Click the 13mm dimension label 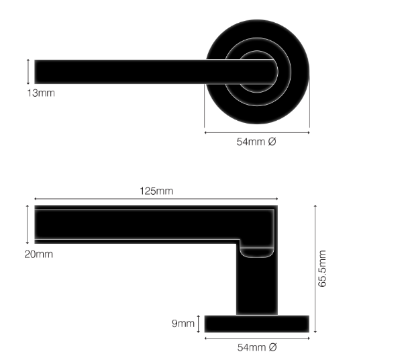pos(41,93)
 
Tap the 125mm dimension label pos(156,191)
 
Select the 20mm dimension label pos(38,255)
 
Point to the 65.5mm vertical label pos(322,269)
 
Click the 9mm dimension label pos(183,323)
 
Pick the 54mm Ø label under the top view pos(256,142)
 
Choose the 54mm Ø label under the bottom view pos(257,347)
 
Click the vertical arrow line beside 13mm pos(28,72)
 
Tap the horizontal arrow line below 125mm pos(156,199)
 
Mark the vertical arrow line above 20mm pos(28,224)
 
